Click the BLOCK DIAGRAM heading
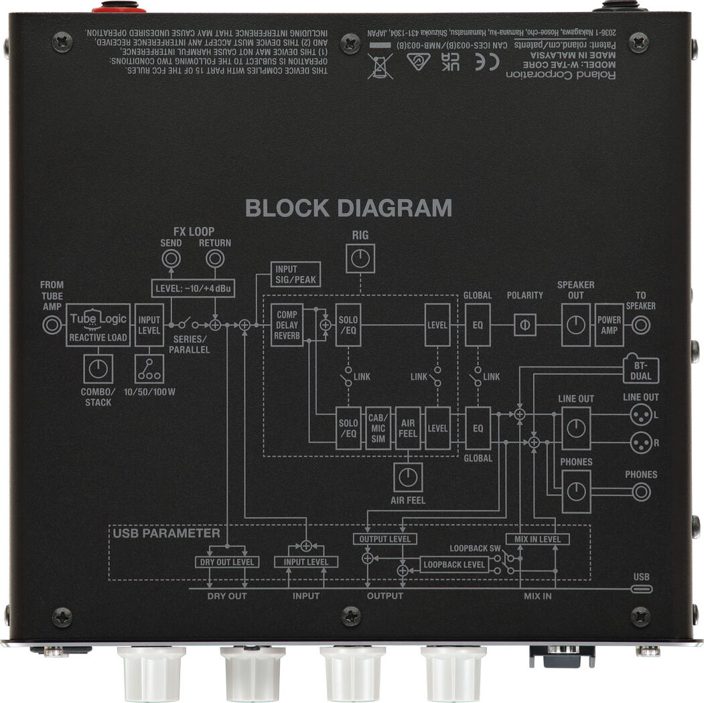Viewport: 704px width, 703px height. [x=348, y=208]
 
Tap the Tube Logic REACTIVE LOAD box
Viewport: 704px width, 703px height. [x=98, y=325]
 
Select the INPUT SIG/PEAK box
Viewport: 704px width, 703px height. [x=295, y=274]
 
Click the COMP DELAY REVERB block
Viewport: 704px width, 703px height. [x=287, y=325]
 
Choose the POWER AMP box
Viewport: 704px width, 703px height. [x=609, y=325]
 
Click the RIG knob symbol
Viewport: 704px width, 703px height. [x=360, y=258]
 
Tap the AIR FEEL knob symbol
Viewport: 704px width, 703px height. [x=407, y=477]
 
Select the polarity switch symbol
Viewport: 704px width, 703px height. [x=524, y=325]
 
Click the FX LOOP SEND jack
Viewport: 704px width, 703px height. [x=171, y=258]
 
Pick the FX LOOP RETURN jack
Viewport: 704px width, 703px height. [x=214, y=258]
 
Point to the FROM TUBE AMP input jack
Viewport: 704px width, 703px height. [x=52, y=326]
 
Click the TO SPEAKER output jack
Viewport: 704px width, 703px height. [x=641, y=325]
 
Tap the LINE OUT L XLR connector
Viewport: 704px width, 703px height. [x=640, y=416]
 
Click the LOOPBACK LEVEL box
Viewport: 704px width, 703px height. [x=453, y=564]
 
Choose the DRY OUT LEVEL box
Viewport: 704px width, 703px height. [x=227, y=562]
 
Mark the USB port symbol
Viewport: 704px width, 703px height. [x=642, y=589]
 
